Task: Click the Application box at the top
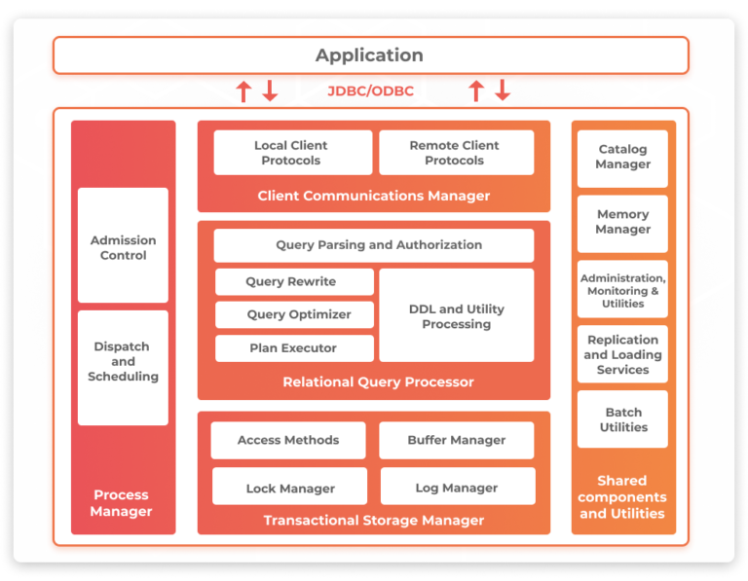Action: tap(370, 55)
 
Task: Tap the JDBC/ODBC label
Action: tap(370, 91)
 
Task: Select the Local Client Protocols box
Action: tap(291, 153)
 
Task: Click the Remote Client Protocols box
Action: tap(455, 153)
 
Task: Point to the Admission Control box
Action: tap(123, 247)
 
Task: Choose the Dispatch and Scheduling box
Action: tap(123, 362)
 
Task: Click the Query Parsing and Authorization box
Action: tap(379, 245)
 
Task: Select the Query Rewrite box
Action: tap(292, 282)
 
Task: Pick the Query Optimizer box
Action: tap(292, 315)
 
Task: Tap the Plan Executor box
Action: tap(292, 348)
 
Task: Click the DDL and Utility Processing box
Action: tap(456, 316)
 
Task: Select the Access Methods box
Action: tap(288, 441)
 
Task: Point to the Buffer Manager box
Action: tap(456, 441)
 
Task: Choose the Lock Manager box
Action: tap(290, 488)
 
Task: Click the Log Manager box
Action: tap(456, 488)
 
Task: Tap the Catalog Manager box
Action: tap(622, 158)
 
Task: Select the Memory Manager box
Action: tap(622, 223)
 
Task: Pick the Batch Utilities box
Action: tap(622, 420)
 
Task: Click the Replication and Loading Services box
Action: tap(622, 355)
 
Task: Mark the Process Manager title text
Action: tap(123, 503)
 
